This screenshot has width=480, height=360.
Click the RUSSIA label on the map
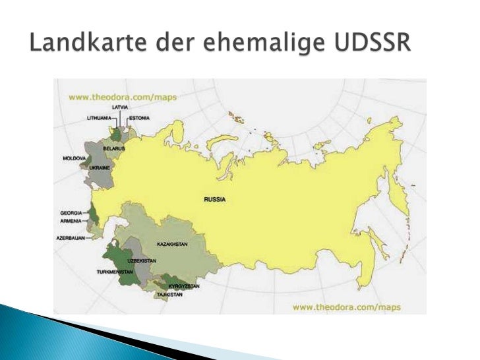[x=214, y=198]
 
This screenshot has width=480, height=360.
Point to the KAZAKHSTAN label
[x=172, y=245]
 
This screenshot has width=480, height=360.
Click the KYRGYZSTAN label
[x=184, y=286]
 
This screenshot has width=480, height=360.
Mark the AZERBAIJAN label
[x=70, y=237]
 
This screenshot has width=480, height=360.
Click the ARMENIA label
[x=71, y=221]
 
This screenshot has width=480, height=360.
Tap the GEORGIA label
[x=71, y=213]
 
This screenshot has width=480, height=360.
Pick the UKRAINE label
[x=99, y=168]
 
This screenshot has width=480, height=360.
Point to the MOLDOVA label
[x=74, y=159]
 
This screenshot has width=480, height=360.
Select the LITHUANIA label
[x=99, y=118]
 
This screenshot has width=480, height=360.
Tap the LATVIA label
[x=120, y=106]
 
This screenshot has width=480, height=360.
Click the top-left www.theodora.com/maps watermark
[x=109, y=97]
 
